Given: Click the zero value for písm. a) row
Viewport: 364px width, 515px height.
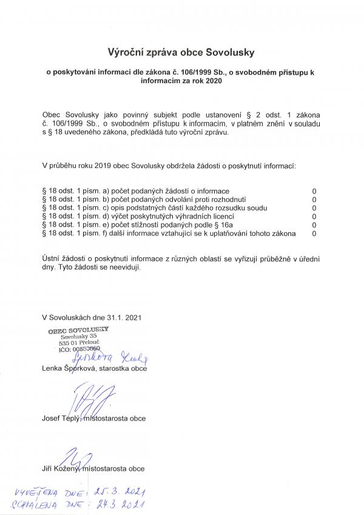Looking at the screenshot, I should pos(314,191).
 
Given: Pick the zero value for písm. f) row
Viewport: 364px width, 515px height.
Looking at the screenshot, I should pos(314,233).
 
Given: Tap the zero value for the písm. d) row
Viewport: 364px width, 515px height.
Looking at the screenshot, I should pos(314,216).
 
